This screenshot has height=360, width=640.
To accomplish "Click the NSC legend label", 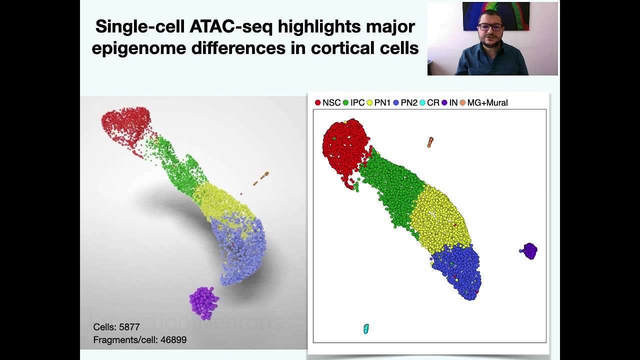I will click(331, 102).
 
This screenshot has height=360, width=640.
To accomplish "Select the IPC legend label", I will click(357, 102).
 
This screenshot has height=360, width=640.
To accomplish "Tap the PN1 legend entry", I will click(382, 102).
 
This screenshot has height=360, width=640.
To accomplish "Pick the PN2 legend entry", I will click(408, 102).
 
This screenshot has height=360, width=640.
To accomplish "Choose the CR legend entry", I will click(433, 102).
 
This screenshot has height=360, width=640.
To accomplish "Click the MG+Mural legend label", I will click(487, 102).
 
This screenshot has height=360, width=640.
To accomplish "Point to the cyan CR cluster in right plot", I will click(366, 328).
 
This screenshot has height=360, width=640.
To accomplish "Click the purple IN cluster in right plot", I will click(529, 250).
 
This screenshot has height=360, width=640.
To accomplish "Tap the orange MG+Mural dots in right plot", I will click(430, 142).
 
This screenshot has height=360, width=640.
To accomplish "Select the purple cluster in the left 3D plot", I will click(204, 302).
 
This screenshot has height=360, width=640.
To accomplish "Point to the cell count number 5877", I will click(129, 327).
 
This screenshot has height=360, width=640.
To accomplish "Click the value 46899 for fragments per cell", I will click(173, 340).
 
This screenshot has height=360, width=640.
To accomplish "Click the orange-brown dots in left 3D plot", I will click(261, 178).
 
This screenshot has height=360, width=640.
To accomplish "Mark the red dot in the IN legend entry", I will click(444, 102).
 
